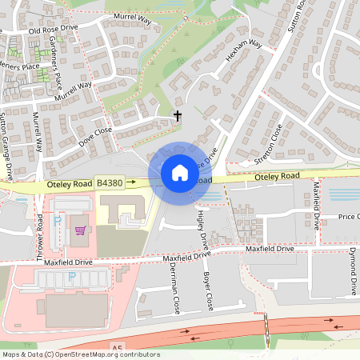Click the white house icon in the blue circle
pyautogui.click(x=179, y=173)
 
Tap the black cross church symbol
pyautogui.click(x=178, y=117)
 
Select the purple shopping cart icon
pyautogui.click(x=79, y=230)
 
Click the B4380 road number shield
pyautogui.click(x=109, y=184)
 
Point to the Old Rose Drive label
pyautogui.click(x=54, y=30)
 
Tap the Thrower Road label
pyautogui.click(x=40, y=231)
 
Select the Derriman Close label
pyautogui.click(x=173, y=290)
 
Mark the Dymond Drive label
pyautogui.click(x=353, y=274)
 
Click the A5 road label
pyautogui.click(x=118, y=347)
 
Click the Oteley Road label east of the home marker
pyautogui.click(x=277, y=176)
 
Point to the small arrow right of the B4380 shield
pyautogui.click(x=131, y=183)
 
